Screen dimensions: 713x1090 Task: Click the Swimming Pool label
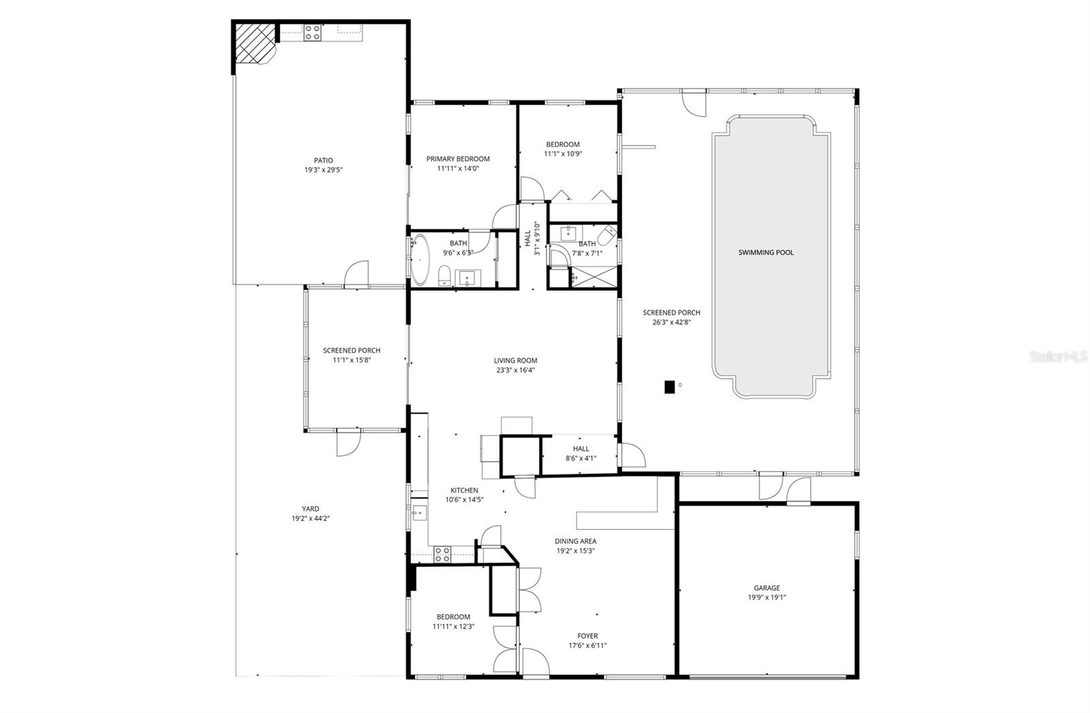click(766, 253)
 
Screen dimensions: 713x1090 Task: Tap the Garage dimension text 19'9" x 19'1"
click(766, 597)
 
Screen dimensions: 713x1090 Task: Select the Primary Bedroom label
click(458, 159)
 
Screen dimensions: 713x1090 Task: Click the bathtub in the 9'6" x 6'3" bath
click(420, 260)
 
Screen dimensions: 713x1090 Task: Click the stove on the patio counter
click(313, 32)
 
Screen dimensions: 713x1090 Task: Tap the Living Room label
click(516, 361)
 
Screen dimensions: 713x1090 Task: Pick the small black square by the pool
click(670, 386)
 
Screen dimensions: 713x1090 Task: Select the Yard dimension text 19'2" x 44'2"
click(311, 518)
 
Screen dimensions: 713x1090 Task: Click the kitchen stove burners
click(442, 554)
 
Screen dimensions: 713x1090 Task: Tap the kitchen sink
click(419, 513)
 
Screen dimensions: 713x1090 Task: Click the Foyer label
click(587, 636)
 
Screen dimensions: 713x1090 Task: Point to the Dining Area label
click(576, 541)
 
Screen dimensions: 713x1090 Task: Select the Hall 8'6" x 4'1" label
click(581, 449)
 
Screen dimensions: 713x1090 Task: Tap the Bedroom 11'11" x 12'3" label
click(453, 617)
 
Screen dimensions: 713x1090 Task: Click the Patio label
click(323, 161)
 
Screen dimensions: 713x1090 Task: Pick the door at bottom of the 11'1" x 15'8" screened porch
click(347, 442)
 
